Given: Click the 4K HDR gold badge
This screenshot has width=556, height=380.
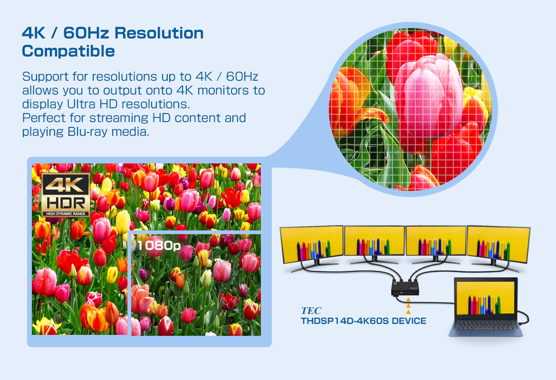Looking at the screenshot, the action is click(66, 195).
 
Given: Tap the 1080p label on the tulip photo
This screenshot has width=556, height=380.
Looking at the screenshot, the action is click(159, 245).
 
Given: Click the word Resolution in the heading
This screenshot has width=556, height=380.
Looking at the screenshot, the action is click(159, 33).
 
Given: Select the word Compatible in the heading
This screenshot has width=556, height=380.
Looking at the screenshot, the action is click(68, 51).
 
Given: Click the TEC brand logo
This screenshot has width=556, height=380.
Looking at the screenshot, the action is click(311, 311).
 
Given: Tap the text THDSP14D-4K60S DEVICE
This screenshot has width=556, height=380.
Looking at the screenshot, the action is click(364, 321).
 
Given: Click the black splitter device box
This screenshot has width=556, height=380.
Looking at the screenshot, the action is click(405, 287).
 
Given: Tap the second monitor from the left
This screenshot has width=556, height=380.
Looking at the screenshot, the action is click(374, 240).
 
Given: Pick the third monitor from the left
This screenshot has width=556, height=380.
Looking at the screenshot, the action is click(436, 240).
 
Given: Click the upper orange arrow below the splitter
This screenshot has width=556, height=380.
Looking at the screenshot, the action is click(408, 300).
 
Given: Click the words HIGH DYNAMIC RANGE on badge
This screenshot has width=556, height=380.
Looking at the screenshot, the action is click(66, 214).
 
